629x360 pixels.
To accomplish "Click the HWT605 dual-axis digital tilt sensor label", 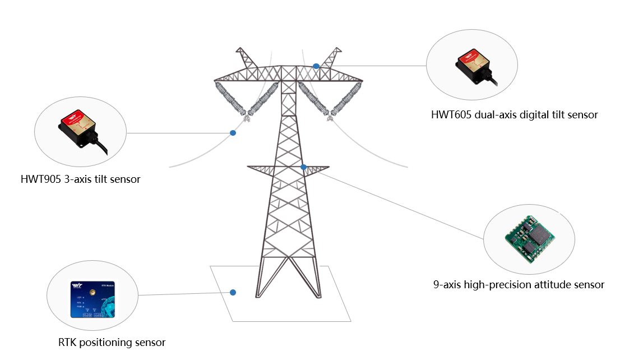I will [514, 115].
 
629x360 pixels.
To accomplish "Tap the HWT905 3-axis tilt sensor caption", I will [80, 179].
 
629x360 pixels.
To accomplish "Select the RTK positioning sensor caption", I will [112, 343].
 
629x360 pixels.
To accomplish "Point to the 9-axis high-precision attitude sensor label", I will [519, 285].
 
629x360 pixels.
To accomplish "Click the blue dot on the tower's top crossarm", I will [316, 66].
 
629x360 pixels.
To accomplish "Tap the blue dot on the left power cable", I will [233, 133].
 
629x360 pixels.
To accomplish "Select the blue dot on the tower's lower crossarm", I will [303, 167].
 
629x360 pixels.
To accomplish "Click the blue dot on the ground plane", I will [233, 292].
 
